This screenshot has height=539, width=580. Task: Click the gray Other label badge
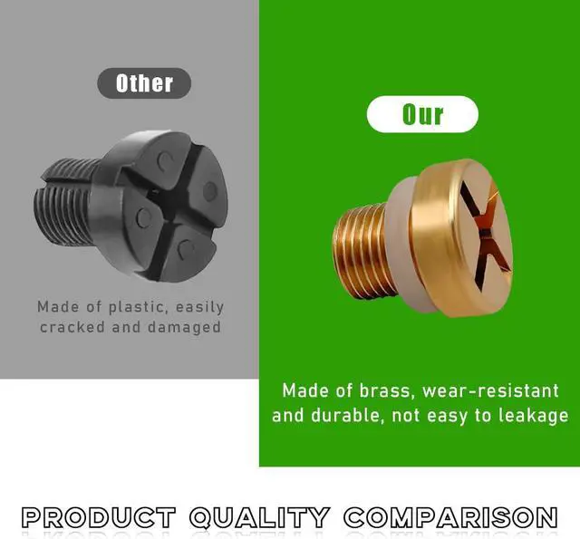(144, 83)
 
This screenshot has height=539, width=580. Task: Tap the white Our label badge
(422, 114)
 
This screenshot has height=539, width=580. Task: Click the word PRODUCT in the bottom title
(99, 517)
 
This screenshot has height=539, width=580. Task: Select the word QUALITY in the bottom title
(259, 517)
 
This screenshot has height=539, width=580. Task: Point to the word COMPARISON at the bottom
(450, 517)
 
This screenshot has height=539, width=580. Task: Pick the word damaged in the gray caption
(184, 328)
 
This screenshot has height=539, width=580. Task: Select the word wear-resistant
(490, 391)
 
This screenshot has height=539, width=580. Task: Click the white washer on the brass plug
(401, 244)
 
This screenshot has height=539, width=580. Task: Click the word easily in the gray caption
(199, 308)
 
